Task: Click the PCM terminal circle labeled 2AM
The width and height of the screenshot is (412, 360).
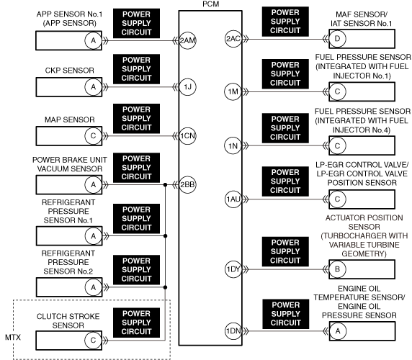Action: [187, 41]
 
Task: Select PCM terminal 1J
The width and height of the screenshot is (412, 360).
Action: [187, 87]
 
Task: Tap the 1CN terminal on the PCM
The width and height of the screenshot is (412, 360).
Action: [187, 136]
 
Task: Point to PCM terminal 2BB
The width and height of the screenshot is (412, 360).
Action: [187, 185]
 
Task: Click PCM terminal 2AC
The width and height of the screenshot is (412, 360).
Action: [233, 39]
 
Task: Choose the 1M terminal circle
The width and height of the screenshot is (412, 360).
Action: [233, 91]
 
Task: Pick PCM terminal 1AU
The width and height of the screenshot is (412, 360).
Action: [233, 199]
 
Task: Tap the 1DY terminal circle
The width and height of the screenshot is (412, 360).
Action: [233, 269]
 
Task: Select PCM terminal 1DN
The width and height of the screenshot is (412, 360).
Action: [233, 331]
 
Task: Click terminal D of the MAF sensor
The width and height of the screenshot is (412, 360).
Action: [337, 39]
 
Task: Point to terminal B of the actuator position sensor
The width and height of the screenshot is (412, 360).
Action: [337, 269]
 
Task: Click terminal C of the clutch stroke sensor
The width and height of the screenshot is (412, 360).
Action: [93, 341]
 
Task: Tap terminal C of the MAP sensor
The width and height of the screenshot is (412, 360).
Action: [93, 136]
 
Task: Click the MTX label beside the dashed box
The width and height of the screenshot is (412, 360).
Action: [13, 338]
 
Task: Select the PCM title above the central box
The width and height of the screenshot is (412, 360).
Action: [211, 4]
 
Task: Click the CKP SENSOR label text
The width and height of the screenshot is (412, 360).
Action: [70, 71]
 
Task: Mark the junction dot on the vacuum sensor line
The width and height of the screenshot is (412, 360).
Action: [165, 185]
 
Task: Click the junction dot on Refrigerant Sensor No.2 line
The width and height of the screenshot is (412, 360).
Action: [165, 287]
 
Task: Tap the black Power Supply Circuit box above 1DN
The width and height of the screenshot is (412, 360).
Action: [286, 314]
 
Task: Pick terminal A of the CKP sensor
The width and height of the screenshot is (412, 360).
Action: [93, 87]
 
